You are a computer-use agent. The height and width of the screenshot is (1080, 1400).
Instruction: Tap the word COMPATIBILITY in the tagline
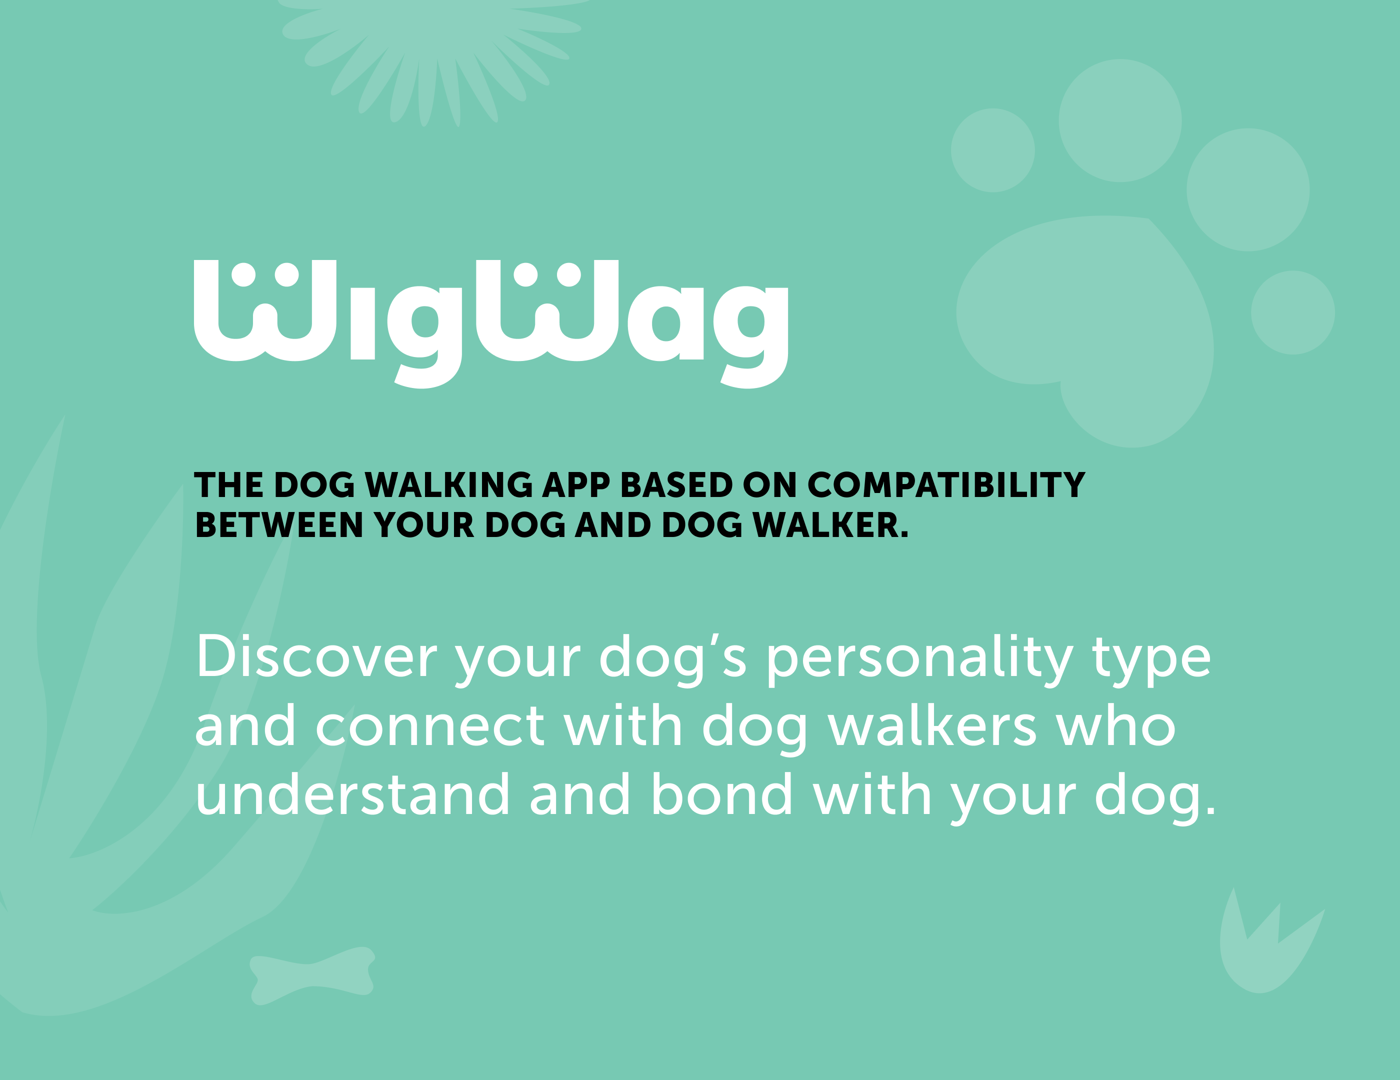coord(945,485)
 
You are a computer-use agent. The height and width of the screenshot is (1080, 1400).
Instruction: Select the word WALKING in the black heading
coord(448,485)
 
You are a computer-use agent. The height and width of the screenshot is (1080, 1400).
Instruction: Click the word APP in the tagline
coord(575,485)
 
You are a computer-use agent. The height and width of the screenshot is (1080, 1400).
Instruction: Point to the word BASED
coord(676,485)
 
